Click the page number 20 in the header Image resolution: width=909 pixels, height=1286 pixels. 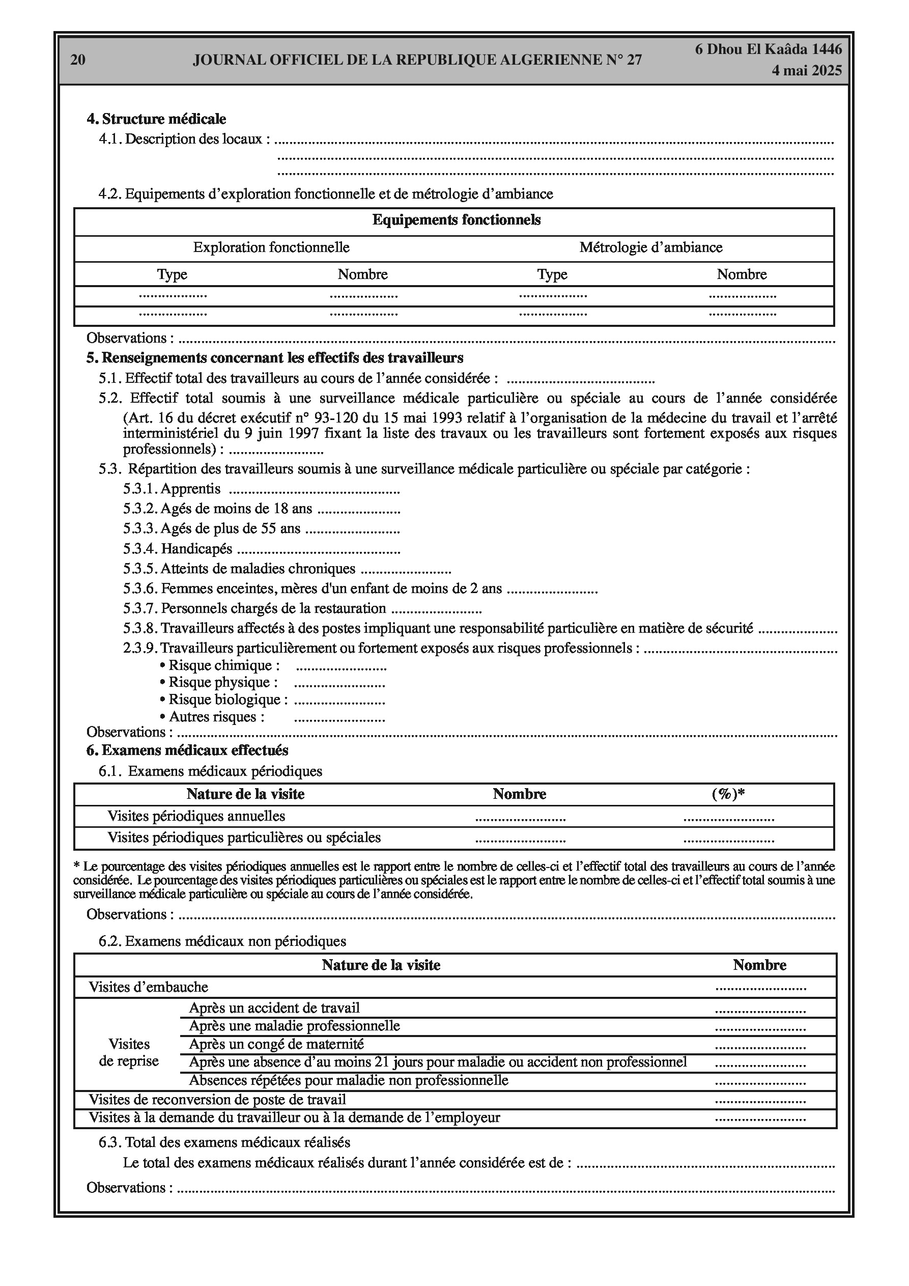(78, 60)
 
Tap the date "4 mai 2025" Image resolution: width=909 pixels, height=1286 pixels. (807, 71)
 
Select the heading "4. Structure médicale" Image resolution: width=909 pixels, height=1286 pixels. (156, 119)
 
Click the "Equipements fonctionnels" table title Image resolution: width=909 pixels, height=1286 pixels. (457, 220)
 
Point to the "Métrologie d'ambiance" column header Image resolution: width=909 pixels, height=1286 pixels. (651, 247)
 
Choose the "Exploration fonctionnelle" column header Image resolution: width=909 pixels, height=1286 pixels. (271, 247)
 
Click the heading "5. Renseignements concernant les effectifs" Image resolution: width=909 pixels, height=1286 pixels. (274, 357)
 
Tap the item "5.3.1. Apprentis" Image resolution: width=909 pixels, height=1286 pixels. (172, 489)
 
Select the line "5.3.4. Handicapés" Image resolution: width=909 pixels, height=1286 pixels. (178, 549)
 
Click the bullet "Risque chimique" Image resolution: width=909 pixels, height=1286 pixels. (219, 665)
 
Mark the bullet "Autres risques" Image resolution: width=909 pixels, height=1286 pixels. (212, 716)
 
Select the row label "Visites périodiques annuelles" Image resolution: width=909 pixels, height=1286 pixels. (196, 816)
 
